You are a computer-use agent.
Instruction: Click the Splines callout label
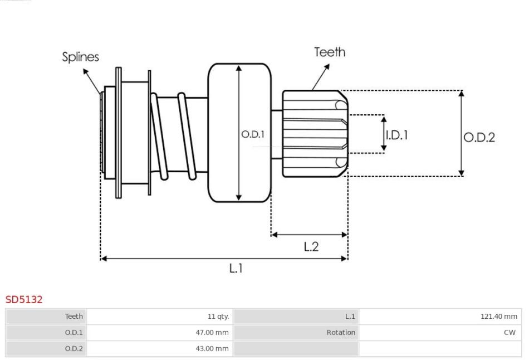pos(80,57)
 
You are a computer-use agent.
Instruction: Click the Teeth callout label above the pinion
pos(330,52)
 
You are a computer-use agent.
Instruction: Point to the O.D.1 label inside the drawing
pos(253,134)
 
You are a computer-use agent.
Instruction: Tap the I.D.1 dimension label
pos(396,135)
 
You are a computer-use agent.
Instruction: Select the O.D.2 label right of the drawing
pos(479,138)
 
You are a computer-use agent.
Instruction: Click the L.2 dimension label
pos(311,246)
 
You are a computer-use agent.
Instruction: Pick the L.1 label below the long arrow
pos(236,268)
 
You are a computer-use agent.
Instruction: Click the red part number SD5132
pos(24,300)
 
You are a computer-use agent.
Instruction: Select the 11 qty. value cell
pos(218,317)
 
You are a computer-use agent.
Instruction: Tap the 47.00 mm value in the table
pos(212,332)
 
